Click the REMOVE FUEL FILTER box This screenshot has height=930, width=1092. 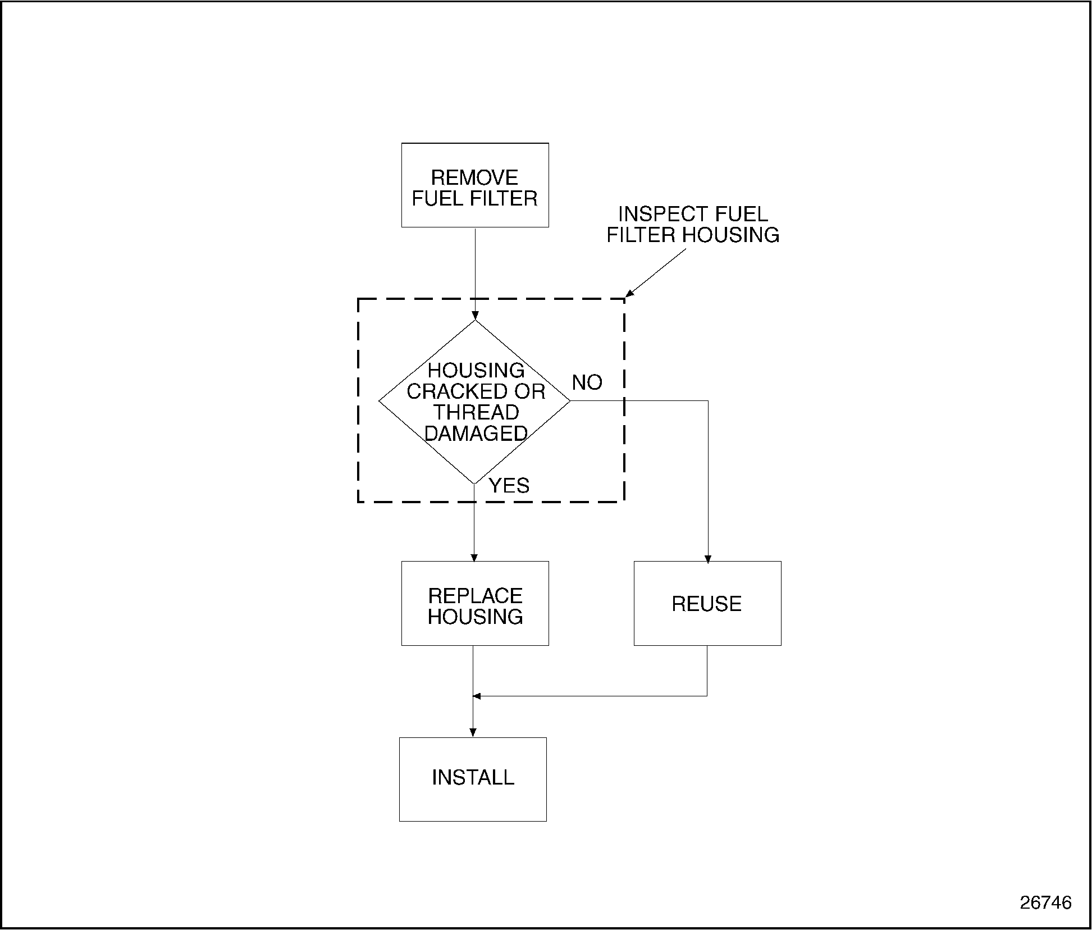475,185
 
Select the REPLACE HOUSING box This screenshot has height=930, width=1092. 475,604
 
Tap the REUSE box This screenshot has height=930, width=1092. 707,604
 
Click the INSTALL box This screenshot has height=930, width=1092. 473,779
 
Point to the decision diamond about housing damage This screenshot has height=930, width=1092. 475,401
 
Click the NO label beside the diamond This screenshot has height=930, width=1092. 587,382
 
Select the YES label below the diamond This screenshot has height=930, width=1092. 509,485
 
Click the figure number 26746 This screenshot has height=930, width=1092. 1046,902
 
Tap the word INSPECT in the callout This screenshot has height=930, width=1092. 652,214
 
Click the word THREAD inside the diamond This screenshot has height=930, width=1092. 476,412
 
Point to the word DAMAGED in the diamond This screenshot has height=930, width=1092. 476,433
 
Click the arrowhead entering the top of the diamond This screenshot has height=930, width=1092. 475,316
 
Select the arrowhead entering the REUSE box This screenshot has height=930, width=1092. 708,559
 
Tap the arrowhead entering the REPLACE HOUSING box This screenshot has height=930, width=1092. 474,558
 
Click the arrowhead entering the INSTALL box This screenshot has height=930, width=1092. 473,732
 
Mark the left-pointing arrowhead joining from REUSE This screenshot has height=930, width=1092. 477,696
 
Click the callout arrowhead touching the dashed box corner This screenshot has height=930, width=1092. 629,293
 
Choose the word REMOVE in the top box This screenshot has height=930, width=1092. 474,177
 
